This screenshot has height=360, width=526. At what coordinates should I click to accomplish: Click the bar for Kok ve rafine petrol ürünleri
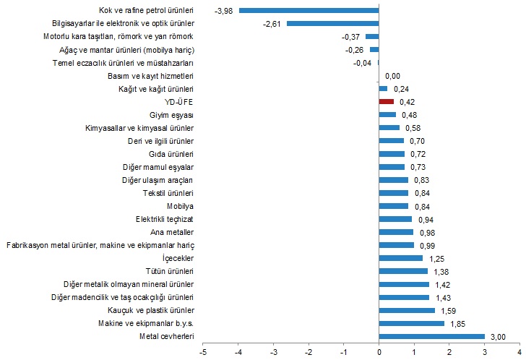309,11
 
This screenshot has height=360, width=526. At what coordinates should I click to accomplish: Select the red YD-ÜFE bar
386,102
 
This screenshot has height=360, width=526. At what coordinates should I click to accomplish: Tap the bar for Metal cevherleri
431,336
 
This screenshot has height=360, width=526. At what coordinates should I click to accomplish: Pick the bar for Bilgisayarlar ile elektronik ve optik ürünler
332,24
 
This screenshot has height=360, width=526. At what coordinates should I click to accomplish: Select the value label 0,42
408,102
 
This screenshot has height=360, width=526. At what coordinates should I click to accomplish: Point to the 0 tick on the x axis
379,352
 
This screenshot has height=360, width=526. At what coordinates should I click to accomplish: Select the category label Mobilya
181,206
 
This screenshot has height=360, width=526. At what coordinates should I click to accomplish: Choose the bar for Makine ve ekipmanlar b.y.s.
411,323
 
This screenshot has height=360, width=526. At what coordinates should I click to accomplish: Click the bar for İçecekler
400,258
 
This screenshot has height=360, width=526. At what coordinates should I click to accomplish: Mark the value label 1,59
449,310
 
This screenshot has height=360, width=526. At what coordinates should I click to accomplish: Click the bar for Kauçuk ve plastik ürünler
407,310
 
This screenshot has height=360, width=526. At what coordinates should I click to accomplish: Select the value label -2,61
272,24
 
